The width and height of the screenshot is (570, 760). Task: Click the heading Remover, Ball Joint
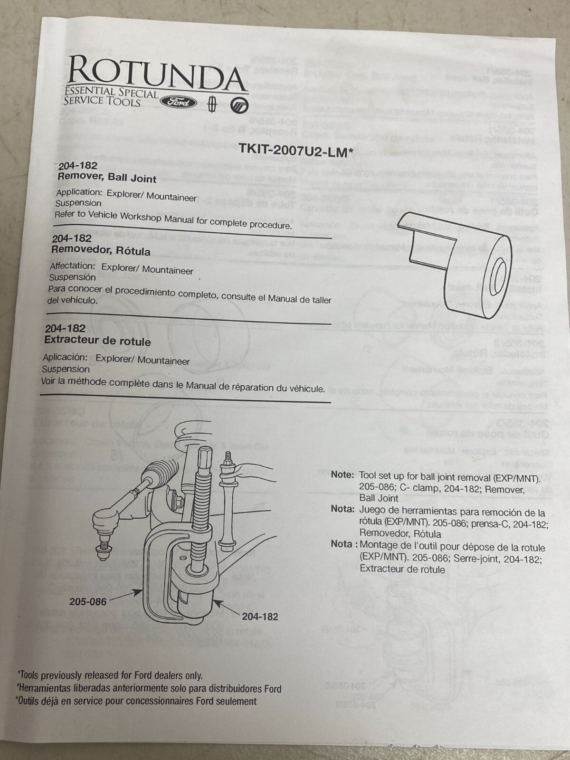pos(107,178)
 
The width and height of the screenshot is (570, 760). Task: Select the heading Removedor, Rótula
pos(101,250)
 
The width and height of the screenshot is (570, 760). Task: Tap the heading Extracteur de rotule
pos(97,341)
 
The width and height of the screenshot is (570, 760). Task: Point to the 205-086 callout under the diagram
pos(88,601)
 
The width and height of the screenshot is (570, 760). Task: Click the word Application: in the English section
pos(79,193)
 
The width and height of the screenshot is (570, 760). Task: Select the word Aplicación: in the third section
pos(65,357)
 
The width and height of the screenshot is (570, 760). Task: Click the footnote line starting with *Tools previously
pos(110,675)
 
